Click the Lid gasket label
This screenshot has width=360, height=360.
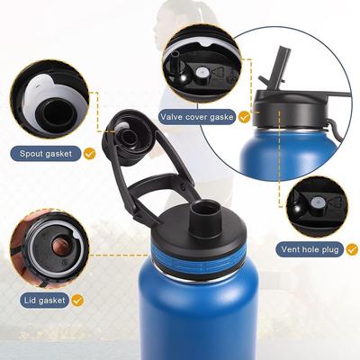pyautogui.click(x=41, y=299)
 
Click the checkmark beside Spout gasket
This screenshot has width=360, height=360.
pyautogui.click(x=89, y=154)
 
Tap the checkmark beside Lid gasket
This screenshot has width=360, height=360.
pyautogui.click(x=78, y=299)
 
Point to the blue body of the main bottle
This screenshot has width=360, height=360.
pyautogui.click(x=198, y=315)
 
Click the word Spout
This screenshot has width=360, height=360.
pyautogui.click(x=33, y=153)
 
